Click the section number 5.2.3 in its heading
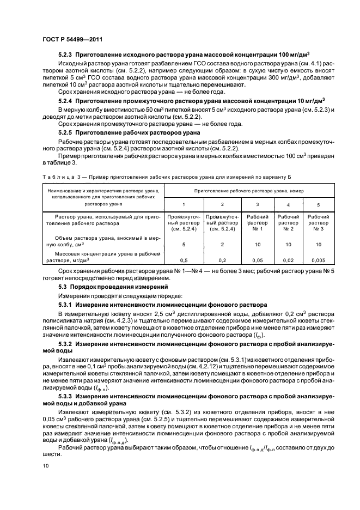pyautogui.click(x=65, y=56)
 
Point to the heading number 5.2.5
pyautogui.click(x=65, y=133)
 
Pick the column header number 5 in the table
pyautogui.click(x=318, y=204)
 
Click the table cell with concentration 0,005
pyautogui.click(x=318, y=260)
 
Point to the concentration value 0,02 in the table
pyautogui.click(x=289, y=260)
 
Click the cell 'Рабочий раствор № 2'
pyautogui.click(x=289, y=223)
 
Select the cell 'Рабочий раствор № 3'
pyautogui.click(x=318, y=223)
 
